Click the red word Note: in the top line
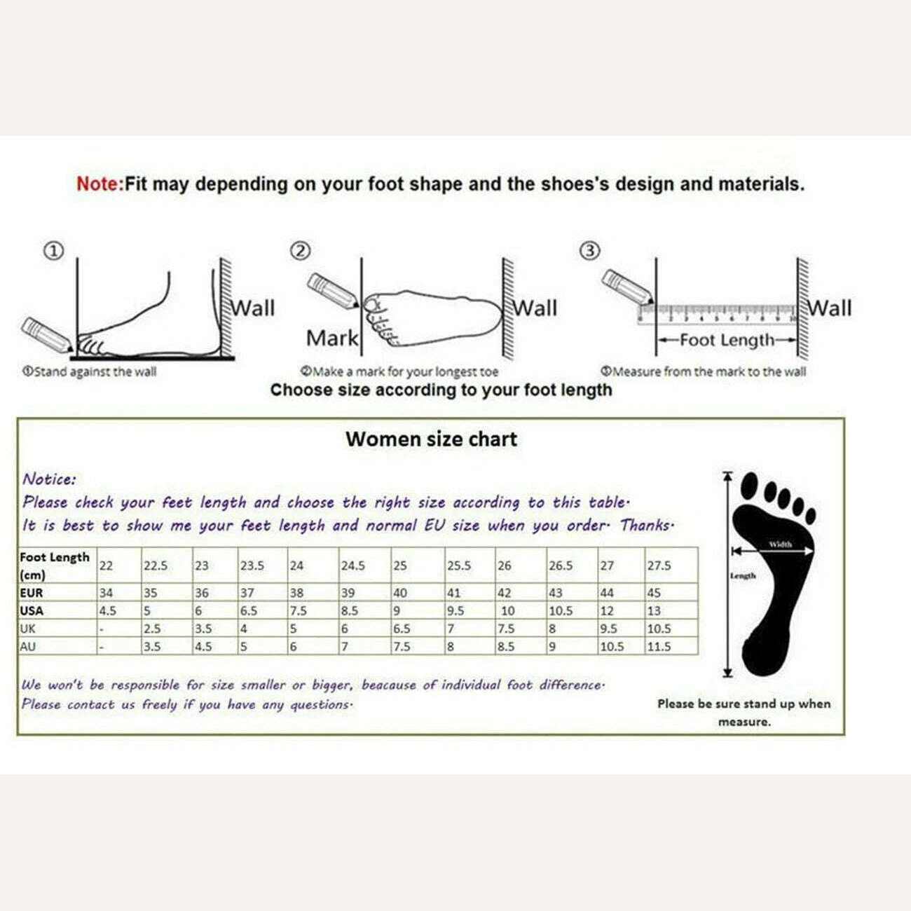click(x=100, y=184)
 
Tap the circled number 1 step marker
click(x=54, y=251)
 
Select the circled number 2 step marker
click(x=301, y=251)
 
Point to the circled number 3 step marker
click(x=590, y=251)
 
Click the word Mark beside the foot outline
click(x=332, y=338)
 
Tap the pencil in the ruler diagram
click(x=626, y=287)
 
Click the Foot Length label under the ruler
click(x=727, y=341)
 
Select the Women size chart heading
click(x=431, y=439)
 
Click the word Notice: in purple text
click(x=49, y=479)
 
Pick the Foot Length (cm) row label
click(x=55, y=566)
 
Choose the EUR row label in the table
click(x=32, y=593)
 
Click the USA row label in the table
click(x=32, y=610)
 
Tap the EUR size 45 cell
click(x=654, y=593)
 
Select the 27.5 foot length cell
click(x=659, y=566)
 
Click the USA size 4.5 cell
click(x=108, y=611)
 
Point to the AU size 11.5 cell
click(x=659, y=647)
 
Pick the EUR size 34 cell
click(x=106, y=593)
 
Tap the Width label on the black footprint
click(x=780, y=544)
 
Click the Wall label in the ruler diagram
click(x=830, y=308)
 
